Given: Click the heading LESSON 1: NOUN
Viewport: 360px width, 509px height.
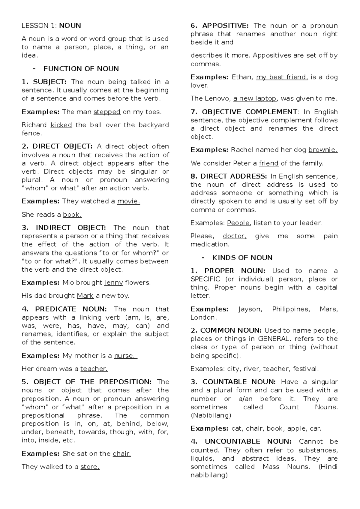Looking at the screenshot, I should tap(51, 26).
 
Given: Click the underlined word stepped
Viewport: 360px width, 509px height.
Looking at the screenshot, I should tap(107, 112).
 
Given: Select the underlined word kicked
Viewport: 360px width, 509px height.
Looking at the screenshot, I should tap(61, 125).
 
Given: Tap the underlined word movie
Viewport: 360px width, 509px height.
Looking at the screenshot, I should tap(128, 201).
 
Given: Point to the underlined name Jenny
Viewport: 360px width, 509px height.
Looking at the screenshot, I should tap(113, 282).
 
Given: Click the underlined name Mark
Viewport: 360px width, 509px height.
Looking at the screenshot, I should tap(85, 296).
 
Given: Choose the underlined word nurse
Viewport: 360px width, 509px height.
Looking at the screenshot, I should tap(125, 356).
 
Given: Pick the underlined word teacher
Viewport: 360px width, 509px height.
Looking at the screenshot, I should tap(94, 369).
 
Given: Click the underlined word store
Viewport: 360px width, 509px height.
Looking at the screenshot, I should tap(90, 467).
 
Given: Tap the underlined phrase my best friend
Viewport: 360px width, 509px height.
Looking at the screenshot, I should tap(282, 77).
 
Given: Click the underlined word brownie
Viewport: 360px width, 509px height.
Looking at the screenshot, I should tap(323, 150).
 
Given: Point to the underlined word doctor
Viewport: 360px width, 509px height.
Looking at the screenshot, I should tap(235, 236).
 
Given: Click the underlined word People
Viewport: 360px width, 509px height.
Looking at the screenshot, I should tap(238, 223).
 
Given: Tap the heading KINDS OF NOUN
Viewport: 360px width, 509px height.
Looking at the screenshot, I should tap(242, 258).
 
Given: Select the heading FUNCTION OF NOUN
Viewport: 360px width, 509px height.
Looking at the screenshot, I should tap(81, 69).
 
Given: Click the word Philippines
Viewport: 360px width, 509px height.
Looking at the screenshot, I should tap(291, 309).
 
